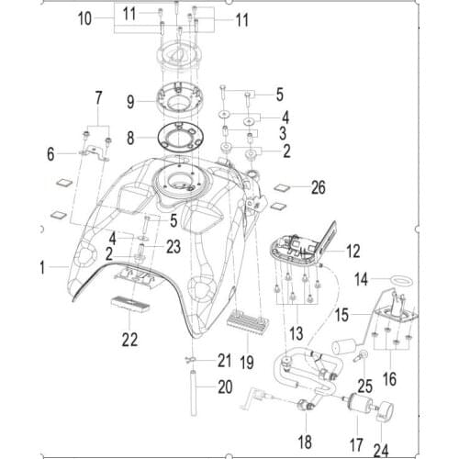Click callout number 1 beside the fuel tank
click(41, 266)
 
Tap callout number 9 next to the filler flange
click(130, 100)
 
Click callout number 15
click(341, 314)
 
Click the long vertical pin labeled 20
click(196, 391)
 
